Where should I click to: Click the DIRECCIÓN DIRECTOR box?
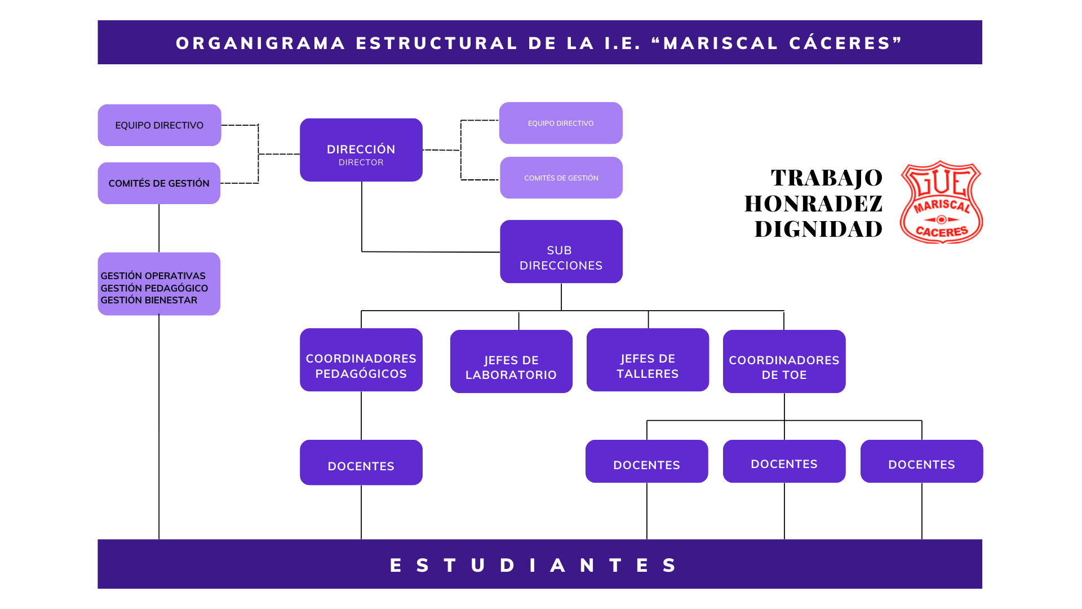click(361, 150)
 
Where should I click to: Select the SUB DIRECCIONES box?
click(561, 252)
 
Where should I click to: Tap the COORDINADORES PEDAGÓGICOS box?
click(361, 360)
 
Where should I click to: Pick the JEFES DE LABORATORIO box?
click(511, 362)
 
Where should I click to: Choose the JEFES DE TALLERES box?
click(648, 360)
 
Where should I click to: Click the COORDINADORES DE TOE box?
click(784, 362)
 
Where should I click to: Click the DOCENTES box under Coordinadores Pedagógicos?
click(361, 463)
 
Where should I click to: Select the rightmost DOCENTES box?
click(921, 462)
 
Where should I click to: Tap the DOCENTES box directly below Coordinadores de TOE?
click(784, 462)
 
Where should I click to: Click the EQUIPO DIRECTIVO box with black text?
click(159, 125)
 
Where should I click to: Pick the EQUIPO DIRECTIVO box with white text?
click(561, 123)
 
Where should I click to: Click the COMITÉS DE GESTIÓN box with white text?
click(561, 178)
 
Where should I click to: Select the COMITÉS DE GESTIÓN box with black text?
click(159, 183)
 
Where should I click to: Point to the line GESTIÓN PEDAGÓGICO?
click(154, 288)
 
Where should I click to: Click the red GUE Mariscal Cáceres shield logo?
click(941, 202)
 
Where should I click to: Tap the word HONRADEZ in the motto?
click(813, 204)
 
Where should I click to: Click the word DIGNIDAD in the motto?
click(818, 229)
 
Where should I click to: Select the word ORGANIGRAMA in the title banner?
click(260, 43)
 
